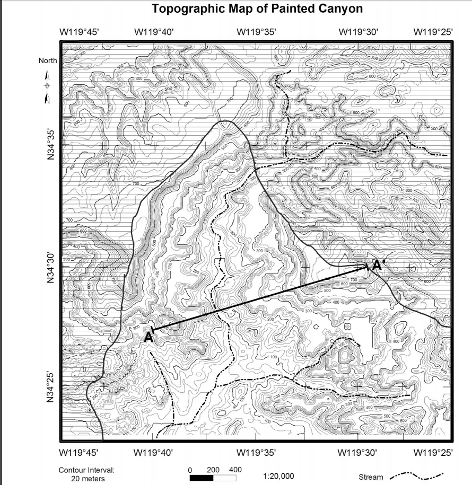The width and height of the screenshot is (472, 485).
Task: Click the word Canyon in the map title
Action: [337, 9]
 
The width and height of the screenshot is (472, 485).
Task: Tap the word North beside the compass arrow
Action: [48, 60]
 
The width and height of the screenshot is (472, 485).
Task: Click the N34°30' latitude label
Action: [51, 268]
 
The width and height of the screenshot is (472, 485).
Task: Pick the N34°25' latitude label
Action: [51, 387]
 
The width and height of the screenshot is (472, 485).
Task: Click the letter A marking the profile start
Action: [148, 337]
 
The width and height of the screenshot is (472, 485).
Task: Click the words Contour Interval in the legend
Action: [86, 470]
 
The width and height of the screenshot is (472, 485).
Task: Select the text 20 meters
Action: [87, 479]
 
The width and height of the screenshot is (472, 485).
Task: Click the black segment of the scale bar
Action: [202, 478]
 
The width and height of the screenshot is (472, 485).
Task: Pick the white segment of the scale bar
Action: [224, 478]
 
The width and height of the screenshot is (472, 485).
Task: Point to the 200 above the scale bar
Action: [213, 470]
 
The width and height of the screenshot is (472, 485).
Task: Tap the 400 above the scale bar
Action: [235, 470]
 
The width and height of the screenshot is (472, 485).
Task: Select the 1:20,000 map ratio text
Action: [278, 477]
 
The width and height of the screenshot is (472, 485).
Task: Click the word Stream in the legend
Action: [371, 477]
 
